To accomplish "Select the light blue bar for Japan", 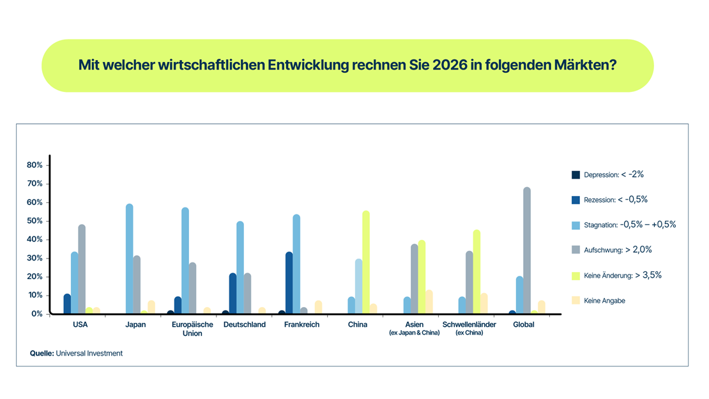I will point(130,259).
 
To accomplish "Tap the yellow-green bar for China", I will point(366,262).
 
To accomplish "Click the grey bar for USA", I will point(82,269).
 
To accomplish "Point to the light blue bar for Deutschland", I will point(240,267).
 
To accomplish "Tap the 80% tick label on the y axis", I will point(34,165).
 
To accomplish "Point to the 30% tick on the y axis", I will point(34,258).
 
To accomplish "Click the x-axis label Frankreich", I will point(301,324).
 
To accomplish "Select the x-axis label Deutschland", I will point(245,324).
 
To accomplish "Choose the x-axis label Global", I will point(524,324).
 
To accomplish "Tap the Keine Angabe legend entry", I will point(604,300).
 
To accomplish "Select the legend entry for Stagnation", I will point(629,225).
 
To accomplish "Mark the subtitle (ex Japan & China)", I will point(415,333).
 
